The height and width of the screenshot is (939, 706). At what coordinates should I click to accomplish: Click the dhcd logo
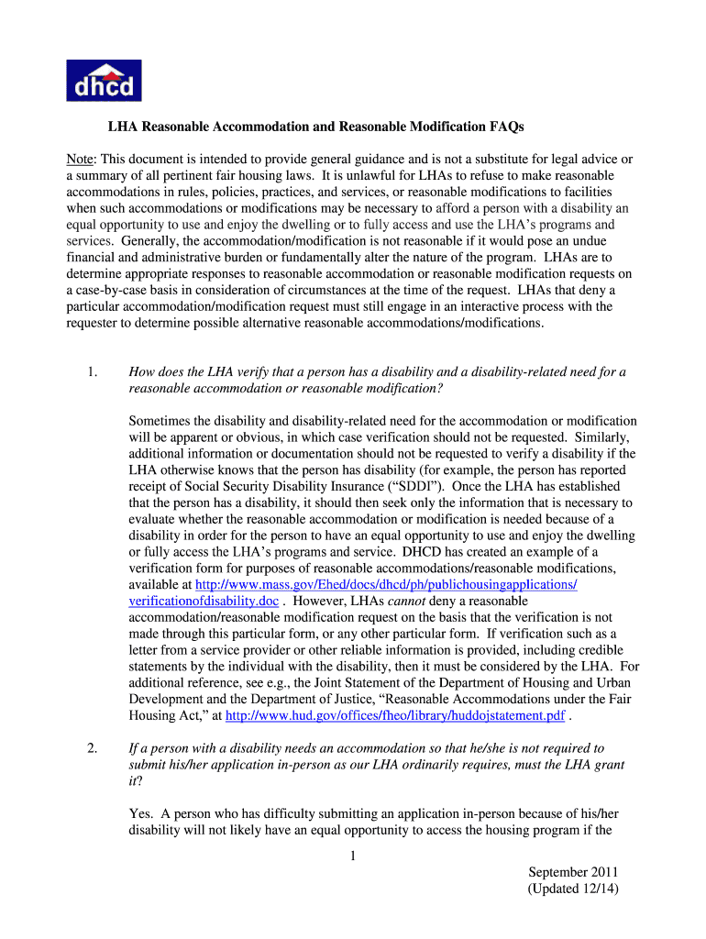click(104, 80)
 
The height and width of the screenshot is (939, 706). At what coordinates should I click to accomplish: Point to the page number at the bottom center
click(352, 857)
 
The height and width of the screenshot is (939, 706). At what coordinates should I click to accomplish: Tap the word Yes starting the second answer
click(139, 798)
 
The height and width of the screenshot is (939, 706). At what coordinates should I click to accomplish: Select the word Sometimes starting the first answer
click(161, 420)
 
